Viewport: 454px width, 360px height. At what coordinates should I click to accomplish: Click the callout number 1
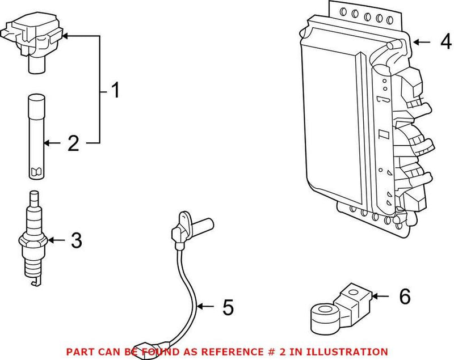pyautogui.click(x=115, y=90)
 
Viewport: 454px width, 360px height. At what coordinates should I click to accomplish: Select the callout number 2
pyautogui.click(x=73, y=143)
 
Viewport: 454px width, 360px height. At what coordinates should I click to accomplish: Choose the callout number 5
pyautogui.click(x=228, y=307)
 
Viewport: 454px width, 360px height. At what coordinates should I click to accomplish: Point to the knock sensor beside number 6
pyautogui.click(x=338, y=309)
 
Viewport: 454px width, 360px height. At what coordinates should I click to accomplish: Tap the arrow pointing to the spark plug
pyautogui.click(x=57, y=241)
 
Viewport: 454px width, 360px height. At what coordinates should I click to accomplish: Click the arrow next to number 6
pyautogui.click(x=381, y=295)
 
